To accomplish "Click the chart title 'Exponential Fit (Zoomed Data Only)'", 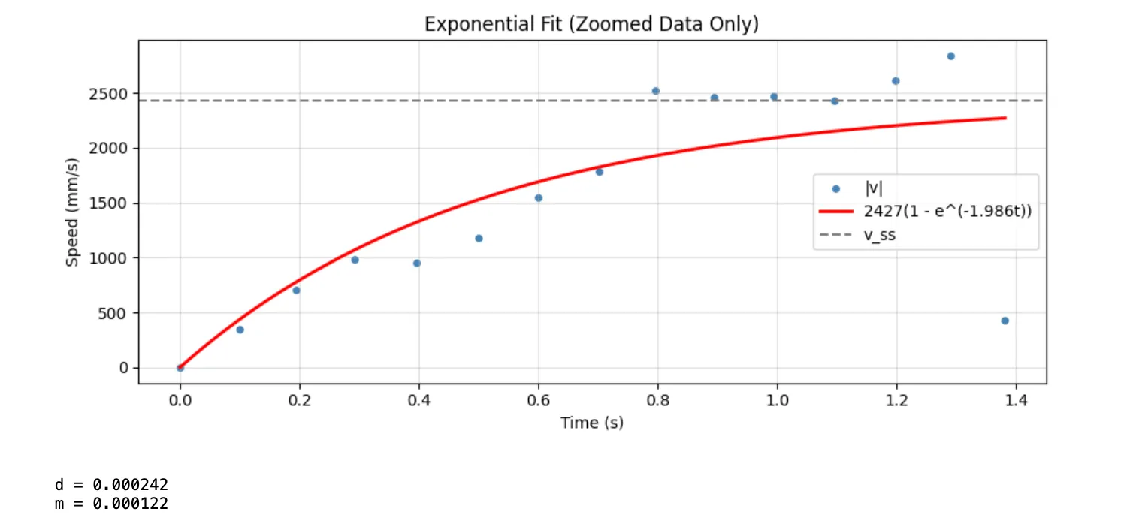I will [591, 24].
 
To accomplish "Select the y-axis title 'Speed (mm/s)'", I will [73, 212].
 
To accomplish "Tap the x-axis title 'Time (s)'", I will [591, 423].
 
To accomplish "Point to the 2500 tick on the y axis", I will [111, 95].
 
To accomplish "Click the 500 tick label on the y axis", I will [116, 313].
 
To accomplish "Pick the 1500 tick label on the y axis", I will [111, 203].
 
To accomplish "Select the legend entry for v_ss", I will [880, 234].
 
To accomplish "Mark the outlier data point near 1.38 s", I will [1005, 321].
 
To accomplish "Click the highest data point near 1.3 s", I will [950, 56].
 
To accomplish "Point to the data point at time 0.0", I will [180, 368].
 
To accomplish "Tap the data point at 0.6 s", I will [538, 198].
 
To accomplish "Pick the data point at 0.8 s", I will [655, 91].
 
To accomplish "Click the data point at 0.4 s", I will [417, 263].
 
